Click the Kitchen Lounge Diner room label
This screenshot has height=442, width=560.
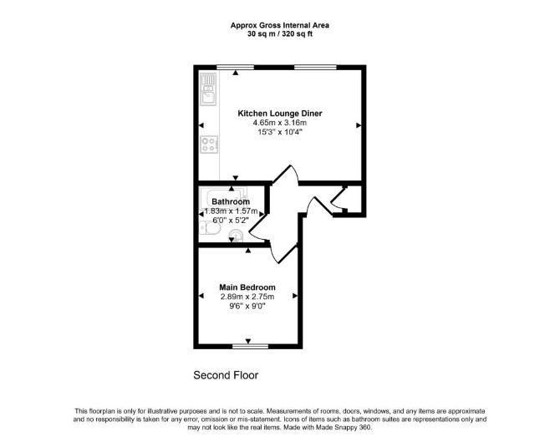pyautogui.click(x=280, y=114)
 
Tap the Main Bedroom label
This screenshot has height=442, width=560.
pyautogui.click(x=247, y=287)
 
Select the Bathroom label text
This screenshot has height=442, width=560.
pyautogui.click(x=231, y=201)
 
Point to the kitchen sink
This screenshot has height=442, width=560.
pyautogui.click(x=209, y=89)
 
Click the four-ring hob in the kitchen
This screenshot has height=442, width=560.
pyautogui.click(x=209, y=145)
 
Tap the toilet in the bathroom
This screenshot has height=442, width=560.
pyautogui.click(x=209, y=228)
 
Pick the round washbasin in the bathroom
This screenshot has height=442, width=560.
pyautogui.click(x=237, y=235)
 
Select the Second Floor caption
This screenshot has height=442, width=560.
pyautogui.click(x=226, y=375)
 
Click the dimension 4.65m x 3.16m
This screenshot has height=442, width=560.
pyautogui.click(x=280, y=123)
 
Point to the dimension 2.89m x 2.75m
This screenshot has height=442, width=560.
pyautogui.click(x=247, y=297)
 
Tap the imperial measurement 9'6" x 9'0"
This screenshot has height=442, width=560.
pyautogui.click(x=247, y=306)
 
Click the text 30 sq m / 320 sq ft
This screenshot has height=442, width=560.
pyautogui.click(x=280, y=34)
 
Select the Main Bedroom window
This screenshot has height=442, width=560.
pyautogui.click(x=251, y=346)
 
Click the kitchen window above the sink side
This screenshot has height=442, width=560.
pyautogui.click(x=236, y=67)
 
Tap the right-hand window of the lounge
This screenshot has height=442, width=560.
pyautogui.click(x=315, y=67)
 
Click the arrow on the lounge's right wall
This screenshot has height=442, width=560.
pyautogui.click(x=359, y=125)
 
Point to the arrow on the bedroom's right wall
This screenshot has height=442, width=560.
pyautogui.click(x=295, y=296)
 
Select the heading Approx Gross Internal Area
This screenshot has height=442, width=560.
pyautogui.click(x=280, y=25)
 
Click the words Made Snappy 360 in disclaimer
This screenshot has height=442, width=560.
pyautogui.click(x=344, y=427)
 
